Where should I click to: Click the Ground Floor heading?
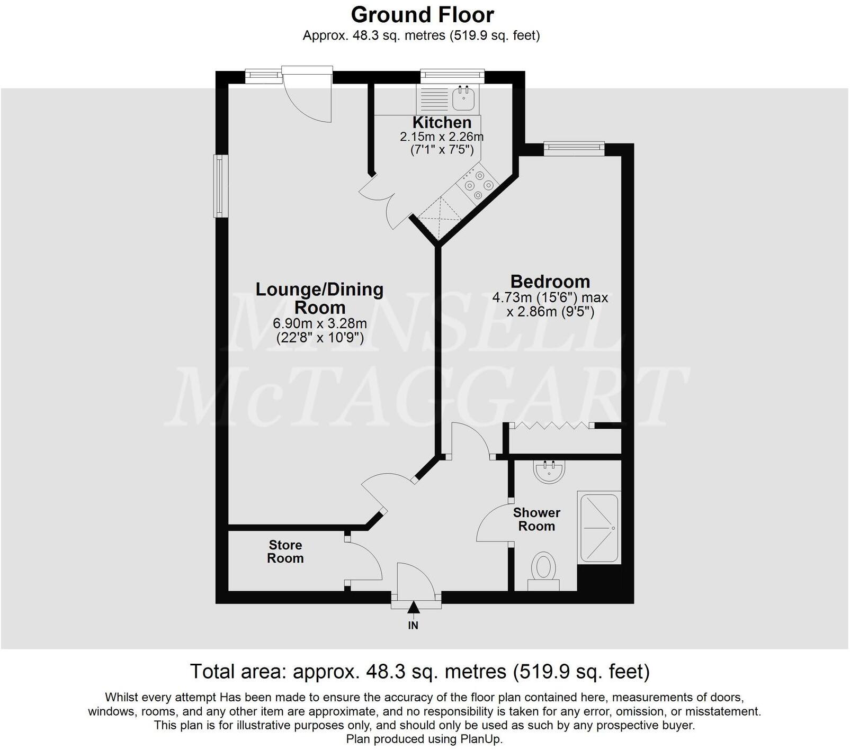click(422, 15)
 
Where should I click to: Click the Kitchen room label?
click(442, 122)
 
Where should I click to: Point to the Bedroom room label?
click(550, 281)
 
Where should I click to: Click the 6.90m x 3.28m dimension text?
click(320, 323)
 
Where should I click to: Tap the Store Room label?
click(285, 552)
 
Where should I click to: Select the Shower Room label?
click(536, 519)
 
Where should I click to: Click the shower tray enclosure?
click(600, 528)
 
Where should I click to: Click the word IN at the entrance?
click(413, 626)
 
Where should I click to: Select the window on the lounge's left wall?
click(220, 185)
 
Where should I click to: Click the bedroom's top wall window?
click(574, 149)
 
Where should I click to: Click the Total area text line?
click(419, 672)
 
